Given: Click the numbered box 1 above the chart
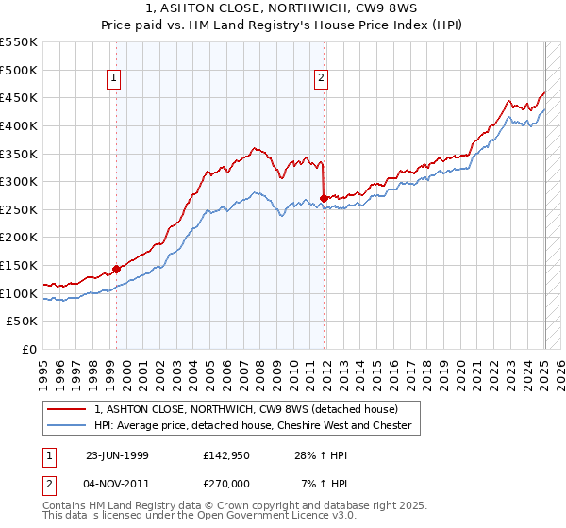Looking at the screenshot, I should pyautogui.click(x=113, y=79).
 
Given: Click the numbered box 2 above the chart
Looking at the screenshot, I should pyautogui.click(x=322, y=79).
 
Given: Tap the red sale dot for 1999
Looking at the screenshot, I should pyautogui.click(x=117, y=269).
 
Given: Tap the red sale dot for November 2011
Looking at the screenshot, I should pyautogui.click(x=325, y=198).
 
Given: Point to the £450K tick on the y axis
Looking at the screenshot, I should pyautogui.click(x=21, y=97).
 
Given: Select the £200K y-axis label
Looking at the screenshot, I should pyautogui.click(x=21, y=237).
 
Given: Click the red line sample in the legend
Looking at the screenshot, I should pyautogui.click(x=66, y=409).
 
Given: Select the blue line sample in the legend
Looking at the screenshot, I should pyautogui.click(x=66, y=425).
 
